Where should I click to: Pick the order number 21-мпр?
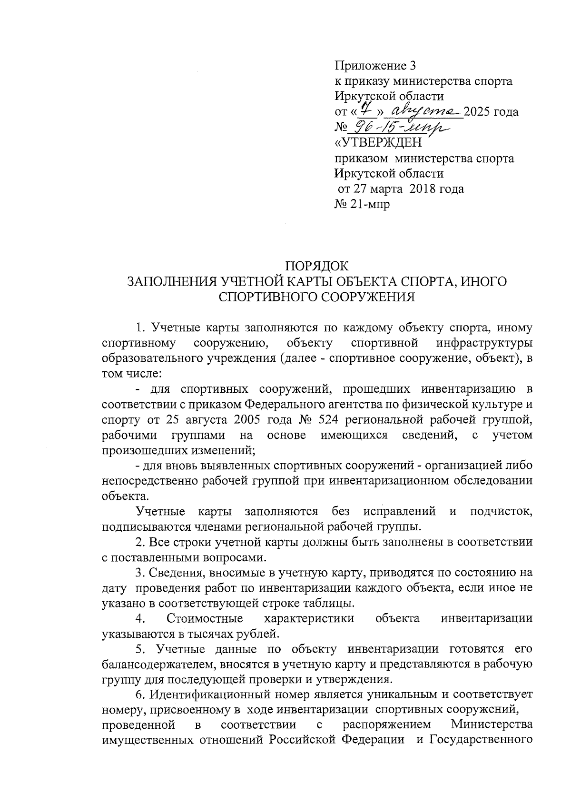point(370,204)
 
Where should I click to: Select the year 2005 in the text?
point(249,420)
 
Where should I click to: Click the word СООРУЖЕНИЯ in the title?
point(364,297)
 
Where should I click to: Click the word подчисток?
point(501,512)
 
